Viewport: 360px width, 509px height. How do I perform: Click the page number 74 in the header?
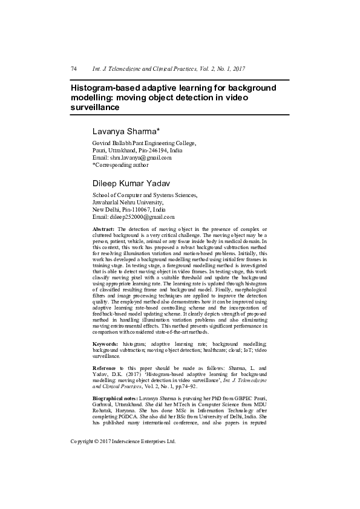click(74, 69)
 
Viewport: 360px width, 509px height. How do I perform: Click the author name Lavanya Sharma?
click(126, 131)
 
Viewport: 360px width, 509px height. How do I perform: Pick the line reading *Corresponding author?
click(120, 165)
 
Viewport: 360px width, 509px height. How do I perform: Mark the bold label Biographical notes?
click(115, 400)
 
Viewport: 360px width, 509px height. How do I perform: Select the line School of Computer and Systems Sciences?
click(144, 195)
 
